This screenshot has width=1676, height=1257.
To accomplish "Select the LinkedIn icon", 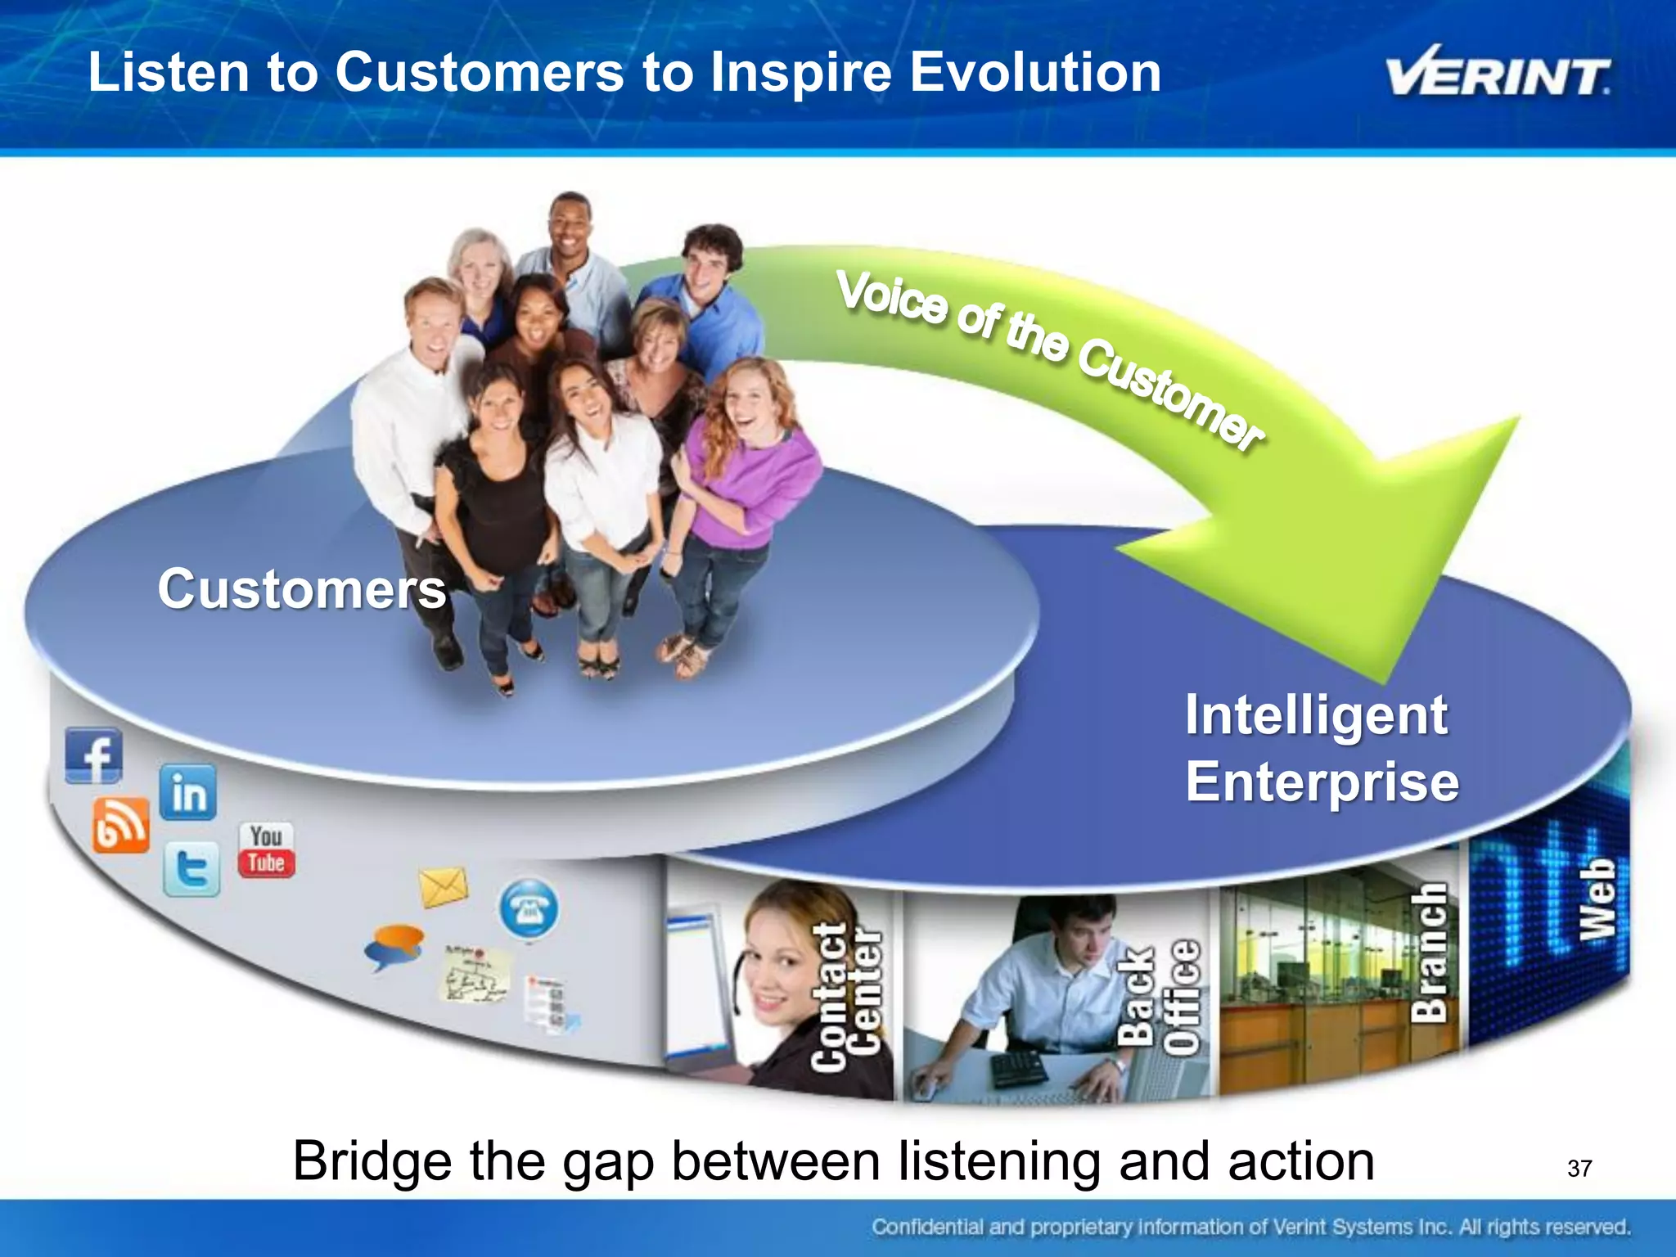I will click(x=188, y=792).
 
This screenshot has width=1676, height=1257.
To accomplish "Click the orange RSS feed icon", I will click(x=120, y=826).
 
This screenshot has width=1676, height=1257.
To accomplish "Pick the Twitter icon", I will click(x=191, y=868).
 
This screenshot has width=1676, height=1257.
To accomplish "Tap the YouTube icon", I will click(x=266, y=850).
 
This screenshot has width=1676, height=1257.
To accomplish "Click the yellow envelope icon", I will click(x=443, y=887).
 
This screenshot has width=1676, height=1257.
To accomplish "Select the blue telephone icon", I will click(x=529, y=908).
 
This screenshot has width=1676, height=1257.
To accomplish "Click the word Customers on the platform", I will click(x=302, y=589).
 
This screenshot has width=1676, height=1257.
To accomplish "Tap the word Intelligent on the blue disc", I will click(x=1316, y=715).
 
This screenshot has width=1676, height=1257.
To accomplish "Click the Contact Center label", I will click(x=846, y=997).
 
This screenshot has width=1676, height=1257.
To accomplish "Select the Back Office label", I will click(x=1158, y=997).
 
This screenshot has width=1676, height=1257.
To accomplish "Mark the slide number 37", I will click(x=1579, y=1168).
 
